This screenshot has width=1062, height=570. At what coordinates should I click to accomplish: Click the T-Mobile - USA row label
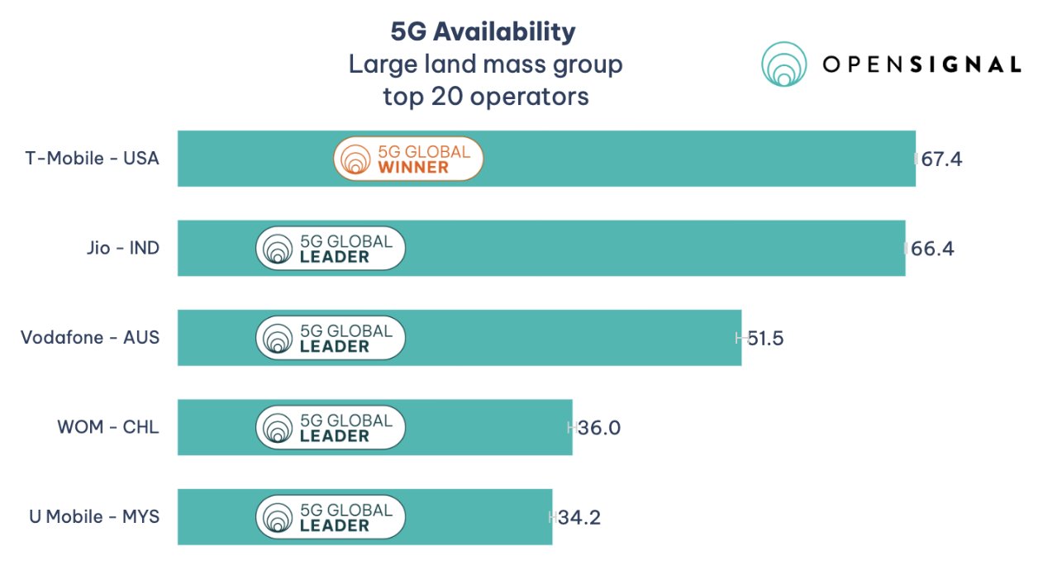[x=92, y=159]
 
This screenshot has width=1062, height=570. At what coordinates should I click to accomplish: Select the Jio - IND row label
[x=122, y=248]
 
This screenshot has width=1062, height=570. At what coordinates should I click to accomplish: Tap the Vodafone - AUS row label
[x=90, y=338]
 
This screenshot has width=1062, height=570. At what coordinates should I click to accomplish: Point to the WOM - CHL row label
[x=107, y=427]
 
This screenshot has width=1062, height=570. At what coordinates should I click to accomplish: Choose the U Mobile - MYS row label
[x=94, y=517]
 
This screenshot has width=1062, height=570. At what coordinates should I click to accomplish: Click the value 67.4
[x=942, y=159]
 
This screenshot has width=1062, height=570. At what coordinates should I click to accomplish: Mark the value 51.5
[x=765, y=338]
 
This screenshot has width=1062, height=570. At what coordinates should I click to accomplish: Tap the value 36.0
[x=599, y=428]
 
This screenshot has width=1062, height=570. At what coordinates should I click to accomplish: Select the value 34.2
[x=579, y=518]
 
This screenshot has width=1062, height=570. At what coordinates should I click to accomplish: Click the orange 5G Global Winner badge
[x=408, y=159]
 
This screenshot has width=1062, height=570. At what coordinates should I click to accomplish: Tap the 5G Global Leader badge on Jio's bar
[x=331, y=248]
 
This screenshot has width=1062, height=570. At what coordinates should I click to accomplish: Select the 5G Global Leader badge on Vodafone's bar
[x=331, y=338]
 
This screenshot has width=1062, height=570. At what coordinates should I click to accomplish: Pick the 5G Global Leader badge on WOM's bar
[x=331, y=428]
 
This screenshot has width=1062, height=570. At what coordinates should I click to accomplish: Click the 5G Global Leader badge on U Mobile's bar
[x=331, y=518]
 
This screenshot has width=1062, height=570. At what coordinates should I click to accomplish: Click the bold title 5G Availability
[x=483, y=31]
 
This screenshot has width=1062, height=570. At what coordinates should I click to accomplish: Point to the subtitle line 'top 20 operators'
[x=486, y=97]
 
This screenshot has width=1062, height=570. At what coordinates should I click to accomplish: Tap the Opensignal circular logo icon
[x=783, y=64]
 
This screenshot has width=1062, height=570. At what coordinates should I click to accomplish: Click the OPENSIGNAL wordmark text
[x=922, y=64]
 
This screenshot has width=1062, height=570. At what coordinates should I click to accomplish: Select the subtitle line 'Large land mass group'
[x=486, y=64]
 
